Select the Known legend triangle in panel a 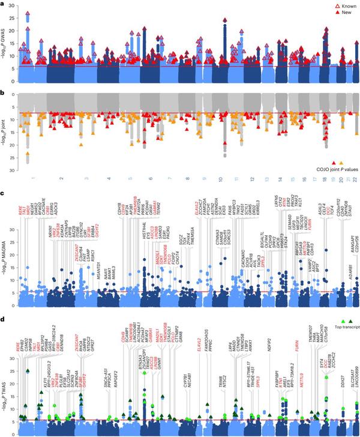tap(325, 4)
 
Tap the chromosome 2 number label tap(61, 178)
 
